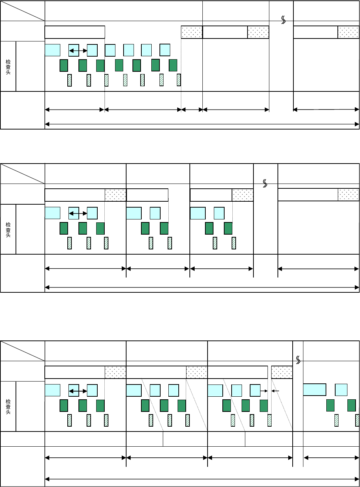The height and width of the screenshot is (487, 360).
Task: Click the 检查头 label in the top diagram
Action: click(x=8, y=67)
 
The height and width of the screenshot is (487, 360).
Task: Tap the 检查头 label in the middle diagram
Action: click(x=8, y=229)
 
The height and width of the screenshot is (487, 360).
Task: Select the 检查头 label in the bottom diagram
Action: click(x=8, y=406)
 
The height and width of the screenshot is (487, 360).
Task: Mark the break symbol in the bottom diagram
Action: click(x=298, y=359)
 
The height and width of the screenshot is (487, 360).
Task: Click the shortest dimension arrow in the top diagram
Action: click(x=192, y=110)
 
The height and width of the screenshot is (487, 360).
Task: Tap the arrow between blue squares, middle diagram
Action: click(x=78, y=214)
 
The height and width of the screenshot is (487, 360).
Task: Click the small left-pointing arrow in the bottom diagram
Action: click(x=275, y=390)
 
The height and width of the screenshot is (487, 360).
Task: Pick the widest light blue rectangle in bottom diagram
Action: click(x=314, y=390)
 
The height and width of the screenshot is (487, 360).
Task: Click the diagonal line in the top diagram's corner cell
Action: click(x=23, y=11)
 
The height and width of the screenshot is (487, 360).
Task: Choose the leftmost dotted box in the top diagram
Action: click(x=192, y=32)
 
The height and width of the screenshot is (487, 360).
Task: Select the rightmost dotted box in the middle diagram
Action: click(x=348, y=195)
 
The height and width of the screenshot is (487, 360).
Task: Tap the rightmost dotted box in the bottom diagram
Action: click(x=282, y=372)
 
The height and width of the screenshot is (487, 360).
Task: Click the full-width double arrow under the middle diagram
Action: click(x=202, y=286)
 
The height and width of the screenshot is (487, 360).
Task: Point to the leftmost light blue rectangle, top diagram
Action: click(x=53, y=50)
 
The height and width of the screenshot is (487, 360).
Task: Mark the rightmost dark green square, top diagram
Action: click(x=173, y=65)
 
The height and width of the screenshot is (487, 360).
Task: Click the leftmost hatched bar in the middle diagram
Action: click(x=70, y=243)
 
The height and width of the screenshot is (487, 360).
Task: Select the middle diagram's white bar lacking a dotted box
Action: click(x=147, y=195)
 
